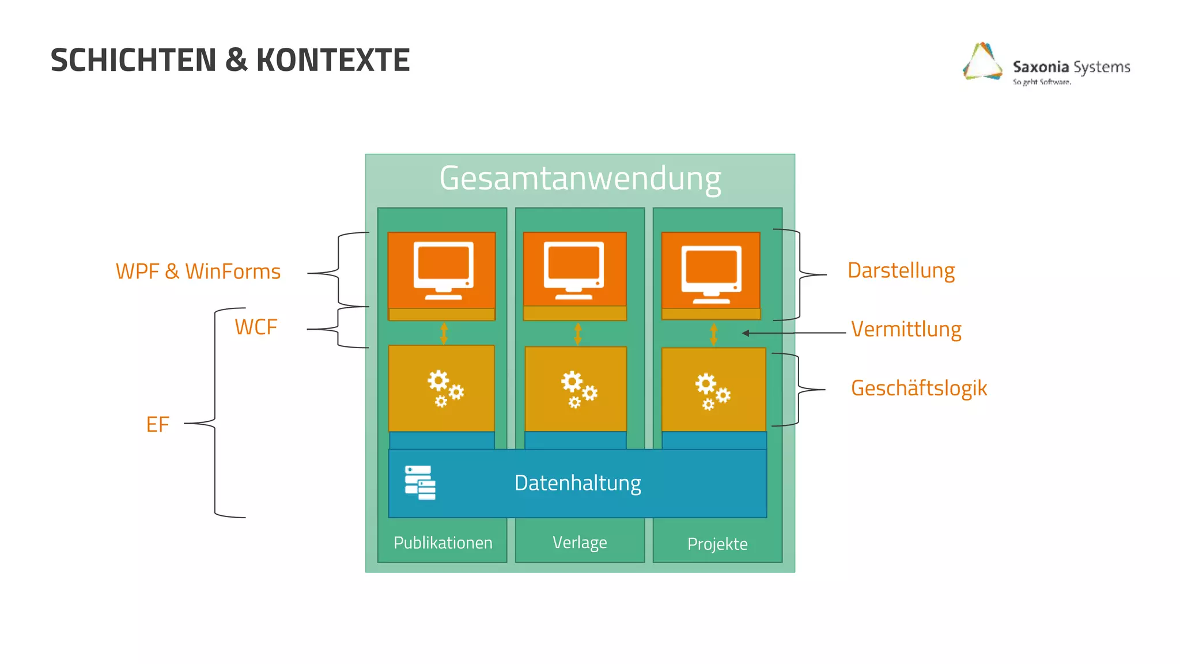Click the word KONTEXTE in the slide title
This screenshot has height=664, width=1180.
click(x=332, y=60)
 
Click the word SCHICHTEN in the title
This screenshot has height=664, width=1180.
click(x=133, y=60)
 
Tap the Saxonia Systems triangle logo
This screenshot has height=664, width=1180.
click(x=982, y=62)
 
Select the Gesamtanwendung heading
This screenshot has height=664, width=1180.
click(x=580, y=178)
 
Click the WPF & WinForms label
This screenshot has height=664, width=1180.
click(x=198, y=271)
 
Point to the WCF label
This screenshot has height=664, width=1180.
click(x=256, y=327)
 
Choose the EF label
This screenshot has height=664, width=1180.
click(x=157, y=425)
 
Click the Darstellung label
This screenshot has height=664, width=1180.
click(x=901, y=270)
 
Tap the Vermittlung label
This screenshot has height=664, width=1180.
click(x=906, y=329)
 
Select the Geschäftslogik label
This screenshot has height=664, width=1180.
click(x=919, y=388)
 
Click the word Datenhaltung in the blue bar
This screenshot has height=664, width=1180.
click(x=577, y=483)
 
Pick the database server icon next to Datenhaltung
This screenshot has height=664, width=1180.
click(x=420, y=482)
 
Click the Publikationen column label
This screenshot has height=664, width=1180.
click(x=442, y=543)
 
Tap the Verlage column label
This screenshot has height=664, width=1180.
click(x=580, y=542)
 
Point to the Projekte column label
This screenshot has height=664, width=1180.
click(x=717, y=544)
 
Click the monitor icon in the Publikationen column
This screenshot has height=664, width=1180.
click(x=443, y=270)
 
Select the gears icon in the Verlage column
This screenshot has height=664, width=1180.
click(x=578, y=389)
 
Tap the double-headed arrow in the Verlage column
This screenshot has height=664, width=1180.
click(x=578, y=334)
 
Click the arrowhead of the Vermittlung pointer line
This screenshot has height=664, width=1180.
click(x=746, y=333)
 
